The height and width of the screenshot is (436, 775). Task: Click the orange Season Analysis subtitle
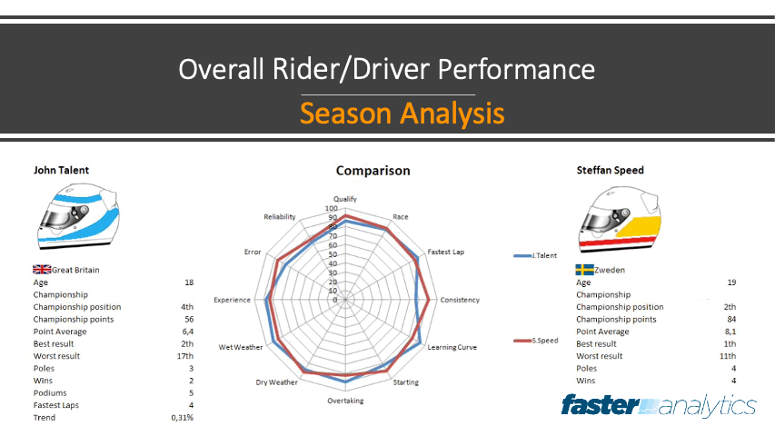tap(402, 114)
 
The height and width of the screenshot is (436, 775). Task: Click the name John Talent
tap(61, 169)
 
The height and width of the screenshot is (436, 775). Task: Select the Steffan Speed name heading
tap(610, 169)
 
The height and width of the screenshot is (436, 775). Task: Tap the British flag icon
tap(42, 270)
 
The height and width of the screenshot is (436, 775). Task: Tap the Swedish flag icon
tap(584, 270)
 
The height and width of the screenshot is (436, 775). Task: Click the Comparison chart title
tap(373, 171)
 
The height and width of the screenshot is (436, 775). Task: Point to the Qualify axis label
tap(345, 199)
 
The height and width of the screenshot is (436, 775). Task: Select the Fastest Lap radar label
tap(445, 252)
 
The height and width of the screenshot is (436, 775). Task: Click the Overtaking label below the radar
tap(345, 401)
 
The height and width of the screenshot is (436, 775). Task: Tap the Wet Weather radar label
tap(241, 348)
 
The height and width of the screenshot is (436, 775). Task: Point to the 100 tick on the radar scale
tap(332, 208)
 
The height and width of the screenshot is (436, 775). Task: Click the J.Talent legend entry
tap(543, 256)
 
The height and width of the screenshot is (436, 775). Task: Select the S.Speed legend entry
tap(543, 341)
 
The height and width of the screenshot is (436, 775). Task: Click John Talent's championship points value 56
tap(189, 320)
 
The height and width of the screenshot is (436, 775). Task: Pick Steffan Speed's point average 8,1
tap(730, 332)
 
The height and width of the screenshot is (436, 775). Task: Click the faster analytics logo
tap(659, 405)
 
